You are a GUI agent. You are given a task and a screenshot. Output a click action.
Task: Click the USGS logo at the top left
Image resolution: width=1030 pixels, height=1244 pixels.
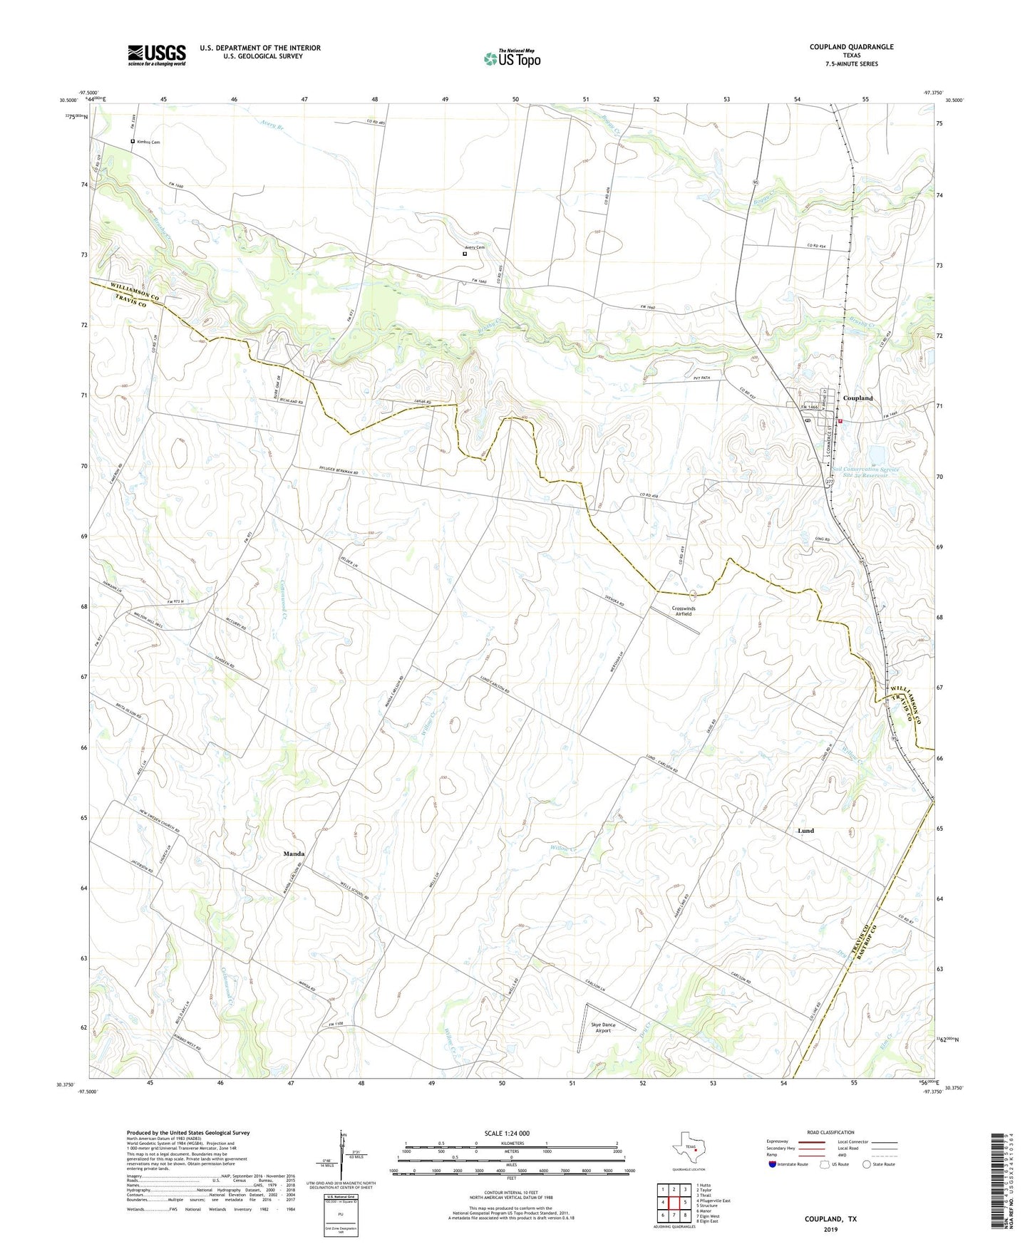(157, 55)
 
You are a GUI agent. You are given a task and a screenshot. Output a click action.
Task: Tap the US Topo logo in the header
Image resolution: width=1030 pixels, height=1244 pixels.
(512, 58)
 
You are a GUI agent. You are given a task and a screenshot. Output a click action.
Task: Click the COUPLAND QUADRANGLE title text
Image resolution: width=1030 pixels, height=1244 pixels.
(851, 47)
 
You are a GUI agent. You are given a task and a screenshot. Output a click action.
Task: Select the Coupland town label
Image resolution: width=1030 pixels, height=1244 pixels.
(858, 398)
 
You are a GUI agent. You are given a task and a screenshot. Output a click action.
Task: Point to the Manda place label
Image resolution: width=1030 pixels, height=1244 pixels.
(294, 854)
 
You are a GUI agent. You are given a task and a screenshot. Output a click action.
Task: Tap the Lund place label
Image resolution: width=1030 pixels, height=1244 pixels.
(805, 831)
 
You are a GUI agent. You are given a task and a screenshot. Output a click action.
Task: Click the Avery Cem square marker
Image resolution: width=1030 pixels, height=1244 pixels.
(465, 254)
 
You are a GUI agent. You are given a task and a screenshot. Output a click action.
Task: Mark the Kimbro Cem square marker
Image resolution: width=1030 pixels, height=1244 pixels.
(133, 142)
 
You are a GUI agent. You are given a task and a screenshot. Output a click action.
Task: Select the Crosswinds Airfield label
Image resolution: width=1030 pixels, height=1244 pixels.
(683, 611)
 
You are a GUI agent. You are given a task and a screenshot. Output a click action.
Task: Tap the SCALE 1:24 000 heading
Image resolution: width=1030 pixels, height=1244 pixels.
(511, 1134)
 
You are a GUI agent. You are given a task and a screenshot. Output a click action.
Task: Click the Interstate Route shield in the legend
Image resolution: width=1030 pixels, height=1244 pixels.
(773, 1164)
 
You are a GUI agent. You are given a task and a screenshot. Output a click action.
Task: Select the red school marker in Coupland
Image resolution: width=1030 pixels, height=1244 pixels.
(840, 421)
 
